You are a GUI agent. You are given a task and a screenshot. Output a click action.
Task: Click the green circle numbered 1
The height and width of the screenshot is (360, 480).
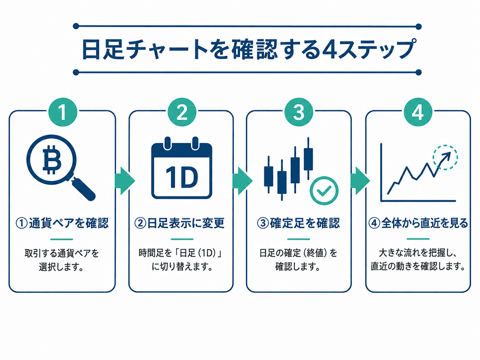(63, 112)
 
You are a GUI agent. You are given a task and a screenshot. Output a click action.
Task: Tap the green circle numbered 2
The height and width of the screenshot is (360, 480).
(182, 112)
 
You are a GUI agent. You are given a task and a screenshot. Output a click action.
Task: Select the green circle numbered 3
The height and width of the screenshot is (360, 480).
(299, 112)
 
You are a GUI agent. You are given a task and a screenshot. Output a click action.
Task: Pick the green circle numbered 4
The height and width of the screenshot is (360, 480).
(418, 112)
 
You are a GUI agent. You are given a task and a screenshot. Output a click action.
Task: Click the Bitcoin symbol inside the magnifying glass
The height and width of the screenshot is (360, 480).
(52, 159)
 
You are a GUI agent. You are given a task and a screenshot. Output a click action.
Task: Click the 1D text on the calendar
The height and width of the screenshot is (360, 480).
(182, 177)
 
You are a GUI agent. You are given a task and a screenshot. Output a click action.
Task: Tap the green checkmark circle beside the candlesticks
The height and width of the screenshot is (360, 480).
(324, 191)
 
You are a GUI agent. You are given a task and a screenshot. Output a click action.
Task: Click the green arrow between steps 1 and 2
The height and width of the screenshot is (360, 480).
(125, 181)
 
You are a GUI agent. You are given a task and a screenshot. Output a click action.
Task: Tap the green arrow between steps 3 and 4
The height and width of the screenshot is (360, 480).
(360, 181)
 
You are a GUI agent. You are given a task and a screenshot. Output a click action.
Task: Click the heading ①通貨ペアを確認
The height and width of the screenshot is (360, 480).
(62, 223)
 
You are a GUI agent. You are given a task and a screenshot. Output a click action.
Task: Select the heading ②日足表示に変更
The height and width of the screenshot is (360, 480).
(179, 223)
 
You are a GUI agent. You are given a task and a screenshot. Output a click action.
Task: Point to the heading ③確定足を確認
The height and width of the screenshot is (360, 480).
(298, 223)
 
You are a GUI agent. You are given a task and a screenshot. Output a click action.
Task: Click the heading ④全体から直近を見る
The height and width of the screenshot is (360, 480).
(418, 223)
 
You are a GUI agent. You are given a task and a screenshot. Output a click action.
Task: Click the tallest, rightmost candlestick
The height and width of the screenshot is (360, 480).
(308, 159)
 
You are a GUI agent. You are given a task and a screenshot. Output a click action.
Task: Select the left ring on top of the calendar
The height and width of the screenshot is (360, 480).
(168, 144)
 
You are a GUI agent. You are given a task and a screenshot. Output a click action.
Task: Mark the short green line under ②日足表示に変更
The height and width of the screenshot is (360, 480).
(182, 239)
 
